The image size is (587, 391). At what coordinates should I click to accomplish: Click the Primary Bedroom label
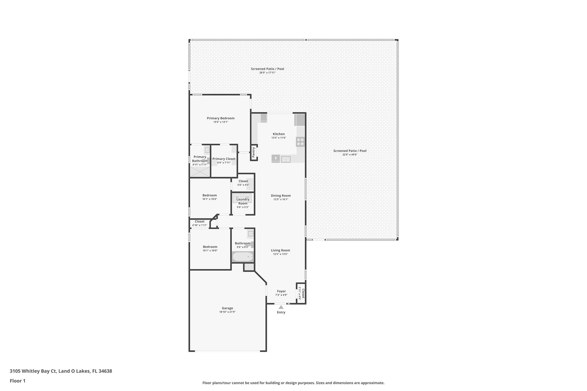[221, 118]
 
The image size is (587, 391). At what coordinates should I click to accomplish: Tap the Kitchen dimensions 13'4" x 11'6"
[279, 138]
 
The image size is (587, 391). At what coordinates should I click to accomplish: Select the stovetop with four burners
[300, 142]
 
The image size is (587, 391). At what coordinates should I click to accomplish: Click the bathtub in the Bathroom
[243, 257]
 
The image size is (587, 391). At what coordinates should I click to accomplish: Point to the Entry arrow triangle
[281, 307]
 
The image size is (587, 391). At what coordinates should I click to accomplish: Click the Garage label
[227, 308]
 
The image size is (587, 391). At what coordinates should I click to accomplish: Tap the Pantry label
[253, 152]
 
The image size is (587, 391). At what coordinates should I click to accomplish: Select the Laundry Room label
[243, 201]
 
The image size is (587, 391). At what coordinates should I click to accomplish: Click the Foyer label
[281, 291]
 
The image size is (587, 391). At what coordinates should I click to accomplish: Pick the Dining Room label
[281, 196]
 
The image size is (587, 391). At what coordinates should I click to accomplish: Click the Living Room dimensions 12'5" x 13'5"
[280, 254]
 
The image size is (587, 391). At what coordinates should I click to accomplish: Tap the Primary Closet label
[224, 159]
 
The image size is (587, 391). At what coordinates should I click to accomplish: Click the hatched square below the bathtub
[249, 267]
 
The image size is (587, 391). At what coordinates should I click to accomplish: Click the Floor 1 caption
[17, 381]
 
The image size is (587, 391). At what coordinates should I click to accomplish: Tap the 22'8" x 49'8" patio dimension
[350, 155]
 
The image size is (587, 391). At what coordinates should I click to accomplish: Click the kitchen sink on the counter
[286, 159]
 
